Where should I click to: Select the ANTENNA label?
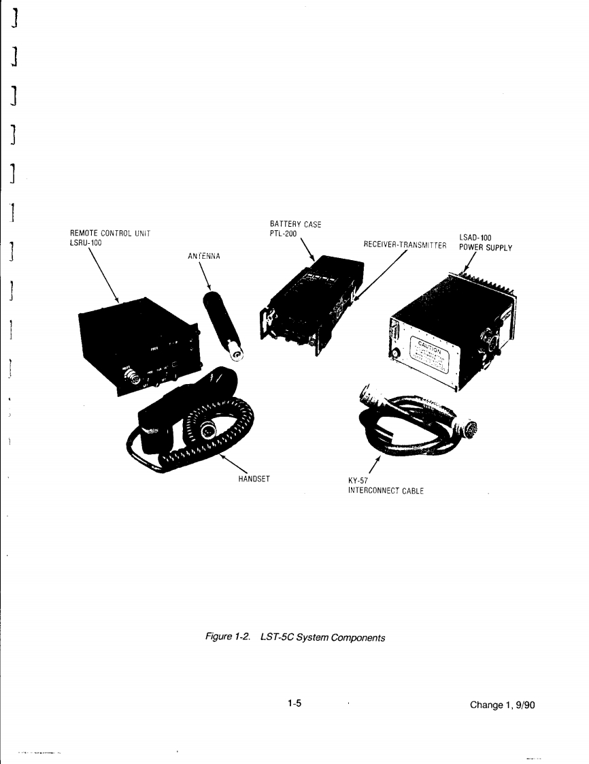(202, 256)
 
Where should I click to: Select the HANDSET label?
(253, 478)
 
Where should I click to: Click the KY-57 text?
(357, 480)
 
